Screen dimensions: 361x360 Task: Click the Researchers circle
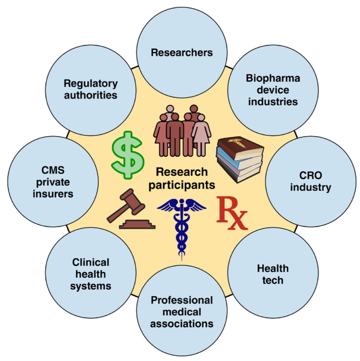182,53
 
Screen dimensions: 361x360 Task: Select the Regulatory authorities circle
91,90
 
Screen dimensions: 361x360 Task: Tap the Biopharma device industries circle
273,90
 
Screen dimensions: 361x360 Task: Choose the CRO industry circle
311,181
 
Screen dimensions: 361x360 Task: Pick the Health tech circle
273,274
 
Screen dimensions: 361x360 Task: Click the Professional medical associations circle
182,311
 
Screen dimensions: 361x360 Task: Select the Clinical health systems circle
91,274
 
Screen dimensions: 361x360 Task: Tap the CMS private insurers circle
53,181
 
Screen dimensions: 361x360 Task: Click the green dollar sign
127,155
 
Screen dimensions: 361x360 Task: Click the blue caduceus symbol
182,224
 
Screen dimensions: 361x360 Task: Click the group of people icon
182,131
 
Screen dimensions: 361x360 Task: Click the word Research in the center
182,172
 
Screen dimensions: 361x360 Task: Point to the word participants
182,185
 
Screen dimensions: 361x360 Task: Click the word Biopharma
273,78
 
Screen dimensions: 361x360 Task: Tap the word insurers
53,194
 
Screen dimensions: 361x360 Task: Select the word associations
182,323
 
